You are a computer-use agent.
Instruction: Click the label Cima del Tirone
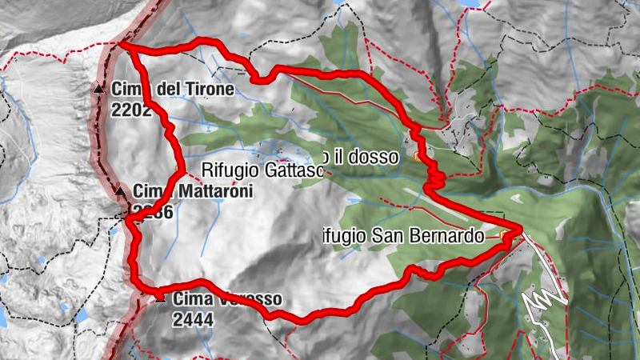point(173,89)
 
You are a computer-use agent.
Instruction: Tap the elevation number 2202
point(132,110)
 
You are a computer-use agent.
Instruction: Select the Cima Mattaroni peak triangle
point(120,191)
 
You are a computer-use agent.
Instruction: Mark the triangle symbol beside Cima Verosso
point(161,298)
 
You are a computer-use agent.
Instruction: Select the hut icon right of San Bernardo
point(503,235)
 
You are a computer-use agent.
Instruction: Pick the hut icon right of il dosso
point(418,158)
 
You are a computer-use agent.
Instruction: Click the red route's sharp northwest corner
point(124,46)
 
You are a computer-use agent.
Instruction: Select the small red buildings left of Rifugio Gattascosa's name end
point(280,151)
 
